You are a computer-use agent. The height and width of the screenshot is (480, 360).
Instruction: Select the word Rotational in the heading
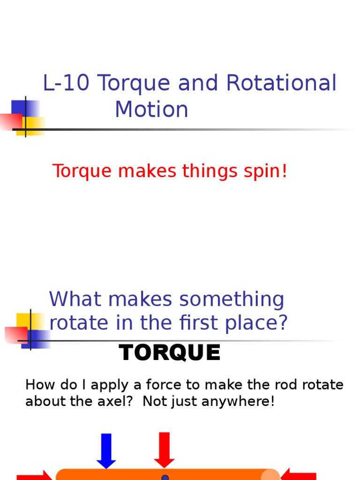(x=281, y=83)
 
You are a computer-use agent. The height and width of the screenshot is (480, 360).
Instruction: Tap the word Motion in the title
(x=151, y=110)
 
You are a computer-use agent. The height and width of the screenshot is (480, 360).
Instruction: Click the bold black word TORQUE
(x=170, y=353)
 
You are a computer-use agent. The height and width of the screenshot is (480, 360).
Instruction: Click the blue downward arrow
(x=106, y=450)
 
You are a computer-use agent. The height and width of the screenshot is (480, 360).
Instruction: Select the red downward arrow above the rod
(x=165, y=449)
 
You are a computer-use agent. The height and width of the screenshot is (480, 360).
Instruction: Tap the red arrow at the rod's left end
(x=35, y=475)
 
